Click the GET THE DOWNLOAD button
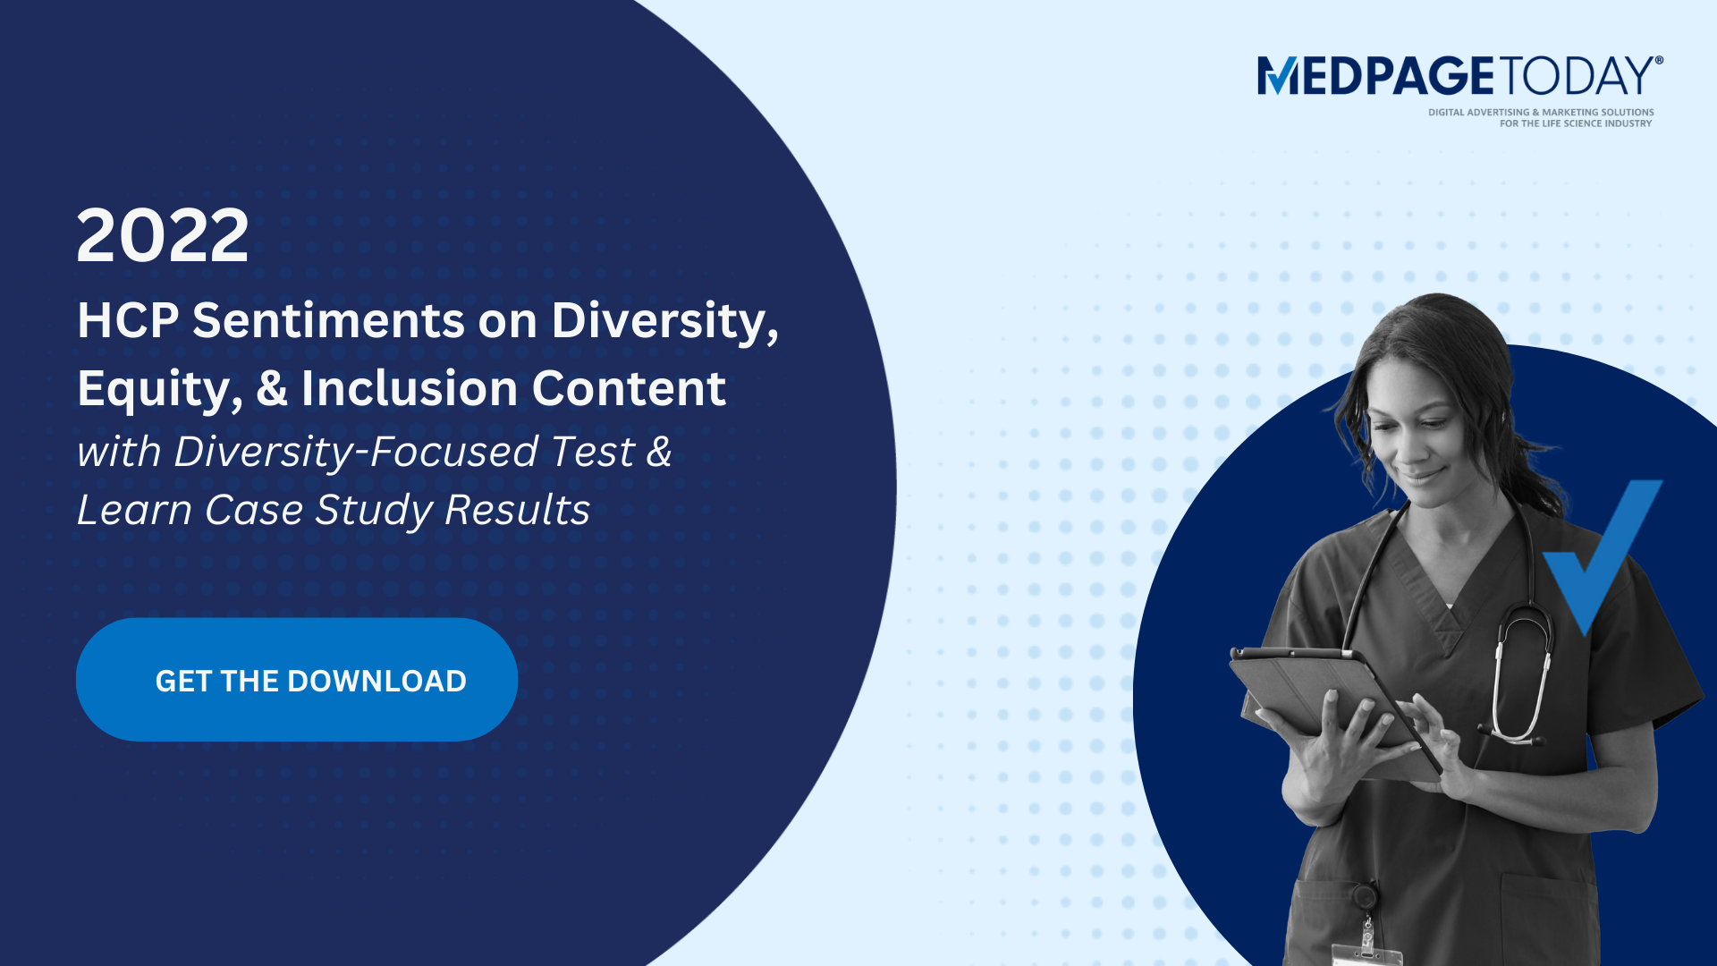pyautogui.click(x=297, y=680)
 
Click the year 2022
pyautogui.click(x=163, y=235)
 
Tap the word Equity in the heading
pyautogui.click(x=157, y=390)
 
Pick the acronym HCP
pyautogui.click(x=128, y=320)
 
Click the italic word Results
pyautogui.click(x=517, y=510)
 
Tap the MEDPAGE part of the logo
pyautogui.click(x=1375, y=76)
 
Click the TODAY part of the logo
pyautogui.click(x=1577, y=76)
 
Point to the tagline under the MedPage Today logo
pyautogui.click(x=1540, y=118)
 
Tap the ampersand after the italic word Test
pyautogui.click(x=659, y=452)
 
